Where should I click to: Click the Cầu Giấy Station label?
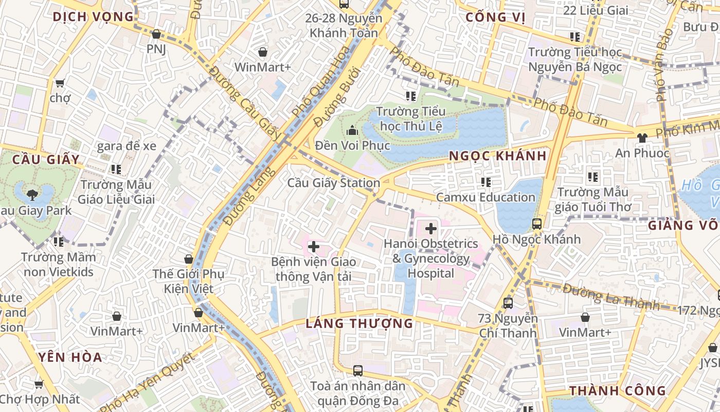click(333, 183)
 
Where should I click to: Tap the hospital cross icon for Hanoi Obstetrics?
click(431, 229)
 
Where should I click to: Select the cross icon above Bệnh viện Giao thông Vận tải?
click(313, 247)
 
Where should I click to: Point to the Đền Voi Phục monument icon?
click(352, 131)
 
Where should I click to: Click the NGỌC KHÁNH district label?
click(497, 156)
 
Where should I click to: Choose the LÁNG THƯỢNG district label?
click(359, 323)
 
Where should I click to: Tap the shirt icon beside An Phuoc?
click(642, 138)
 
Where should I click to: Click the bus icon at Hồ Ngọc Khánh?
click(537, 224)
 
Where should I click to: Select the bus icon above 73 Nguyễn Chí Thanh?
click(508, 303)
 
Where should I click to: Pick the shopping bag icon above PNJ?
click(156, 35)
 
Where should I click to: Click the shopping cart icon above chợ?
click(60, 83)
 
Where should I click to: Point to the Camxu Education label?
click(485, 197)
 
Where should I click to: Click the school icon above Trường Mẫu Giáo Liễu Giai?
click(116, 169)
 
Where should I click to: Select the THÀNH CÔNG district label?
click(617, 391)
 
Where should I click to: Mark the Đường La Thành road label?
click(610, 297)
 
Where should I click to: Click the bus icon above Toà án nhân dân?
click(357, 371)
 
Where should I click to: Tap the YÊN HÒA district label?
click(70, 357)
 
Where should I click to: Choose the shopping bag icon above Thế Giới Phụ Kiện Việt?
click(189, 259)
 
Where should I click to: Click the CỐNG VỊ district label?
click(495, 18)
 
